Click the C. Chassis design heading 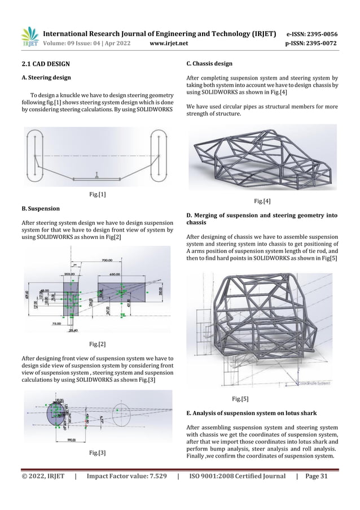[209, 64]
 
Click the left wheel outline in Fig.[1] [34, 154]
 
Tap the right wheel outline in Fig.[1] [159, 154]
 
